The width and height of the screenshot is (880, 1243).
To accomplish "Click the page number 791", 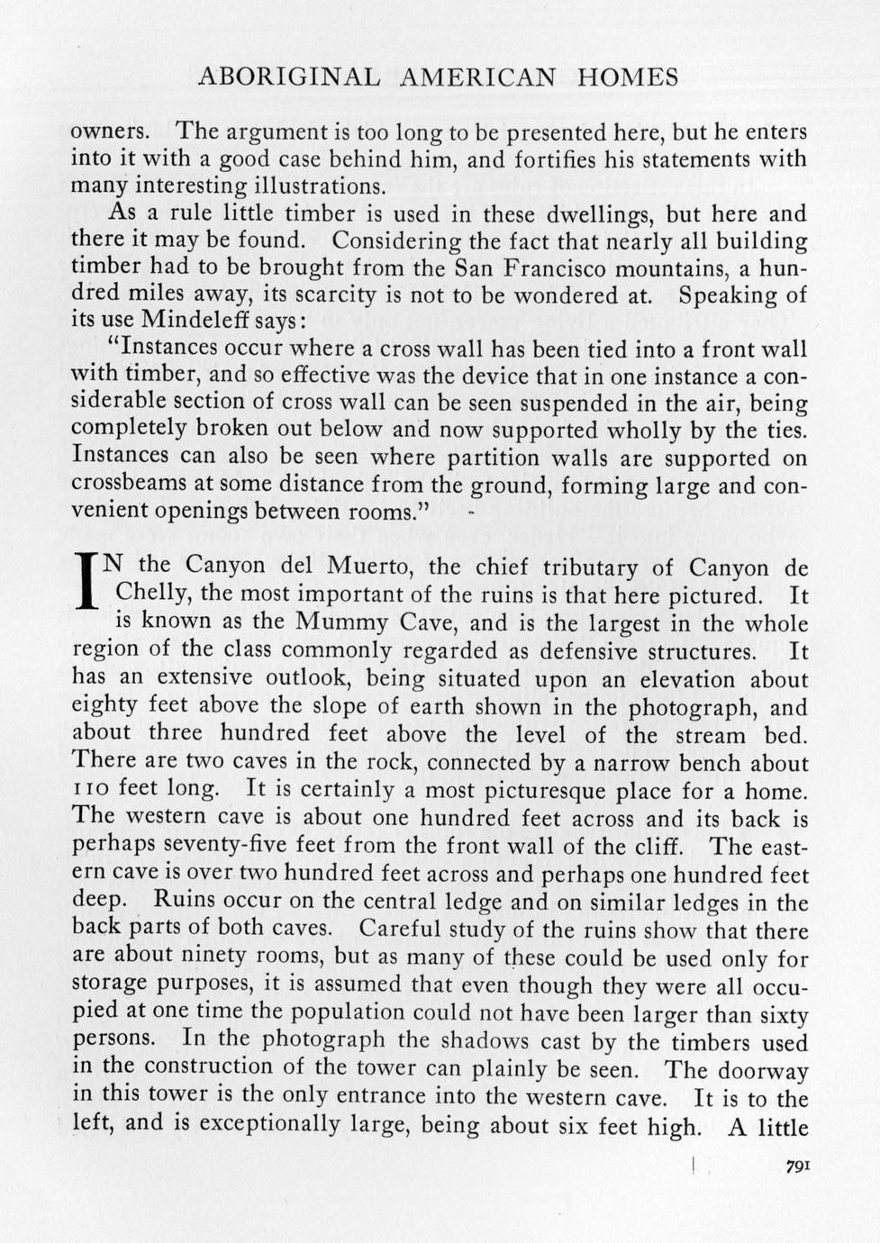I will click(x=797, y=1166).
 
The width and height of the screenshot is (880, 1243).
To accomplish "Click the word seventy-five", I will click(x=204, y=847).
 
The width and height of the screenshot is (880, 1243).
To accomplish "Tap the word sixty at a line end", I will click(x=780, y=1014).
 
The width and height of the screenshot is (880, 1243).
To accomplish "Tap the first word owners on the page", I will click(x=108, y=132).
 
